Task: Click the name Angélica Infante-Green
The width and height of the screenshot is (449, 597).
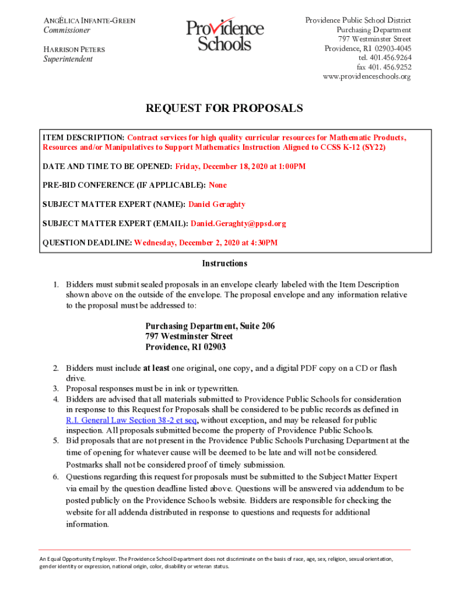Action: coord(90,21)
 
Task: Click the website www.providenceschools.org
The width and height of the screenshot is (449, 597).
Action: coord(367,76)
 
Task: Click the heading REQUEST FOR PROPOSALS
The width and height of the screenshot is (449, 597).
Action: coord(224,108)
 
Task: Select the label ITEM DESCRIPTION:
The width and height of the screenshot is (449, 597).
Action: coord(83,138)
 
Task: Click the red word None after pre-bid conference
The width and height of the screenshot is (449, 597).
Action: coord(218,185)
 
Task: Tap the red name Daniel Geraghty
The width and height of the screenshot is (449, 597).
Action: coord(216,204)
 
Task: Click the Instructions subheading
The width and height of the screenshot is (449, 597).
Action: coord(224,264)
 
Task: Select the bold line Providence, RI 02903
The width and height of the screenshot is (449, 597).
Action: coord(185,347)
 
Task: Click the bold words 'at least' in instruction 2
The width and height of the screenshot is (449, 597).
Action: coord(157,368)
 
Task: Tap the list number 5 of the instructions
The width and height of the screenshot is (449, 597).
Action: coord(57,441)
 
